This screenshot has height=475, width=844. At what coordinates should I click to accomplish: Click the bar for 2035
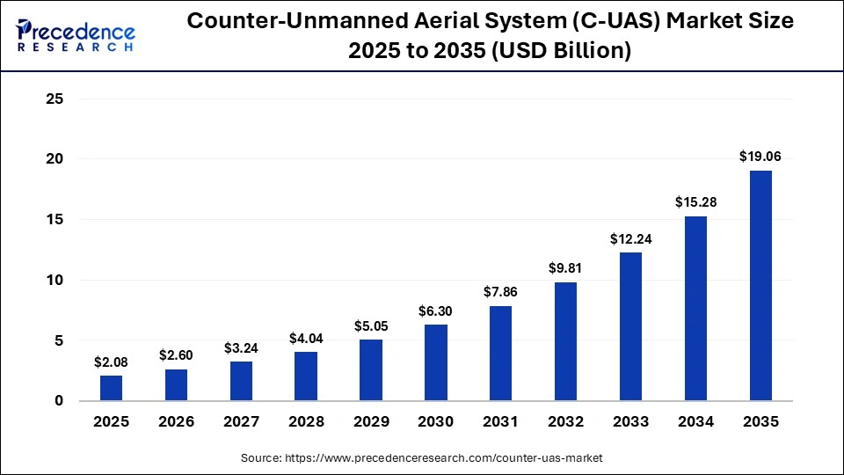(760, 285)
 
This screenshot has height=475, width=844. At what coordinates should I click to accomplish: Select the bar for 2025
(112, 388)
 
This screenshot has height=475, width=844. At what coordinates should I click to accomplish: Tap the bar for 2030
(436, 362)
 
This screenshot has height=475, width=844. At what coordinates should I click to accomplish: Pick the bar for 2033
(630, 326)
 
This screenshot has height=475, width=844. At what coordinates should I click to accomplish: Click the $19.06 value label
(760, 157)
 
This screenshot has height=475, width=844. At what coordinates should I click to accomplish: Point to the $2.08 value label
(112, 362)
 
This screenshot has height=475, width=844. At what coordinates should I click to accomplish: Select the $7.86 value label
(501, 292)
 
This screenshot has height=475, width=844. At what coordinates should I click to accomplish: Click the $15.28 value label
(695, 202)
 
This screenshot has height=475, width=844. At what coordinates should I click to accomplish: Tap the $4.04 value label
(306, 338)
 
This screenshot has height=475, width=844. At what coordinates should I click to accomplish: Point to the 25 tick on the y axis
(55, 99)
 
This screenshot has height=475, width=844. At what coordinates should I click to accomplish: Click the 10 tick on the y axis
(55, 281)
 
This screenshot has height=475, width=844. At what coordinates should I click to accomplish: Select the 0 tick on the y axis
(59, 401)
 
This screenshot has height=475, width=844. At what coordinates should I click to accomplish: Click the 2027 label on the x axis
(241, 422)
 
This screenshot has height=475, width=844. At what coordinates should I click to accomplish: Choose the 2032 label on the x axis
(565, 422)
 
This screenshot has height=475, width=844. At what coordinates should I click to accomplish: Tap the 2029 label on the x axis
(371, 422)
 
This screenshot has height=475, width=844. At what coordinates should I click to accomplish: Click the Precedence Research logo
(76, 36)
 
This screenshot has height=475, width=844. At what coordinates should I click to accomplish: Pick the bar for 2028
(306, 376)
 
